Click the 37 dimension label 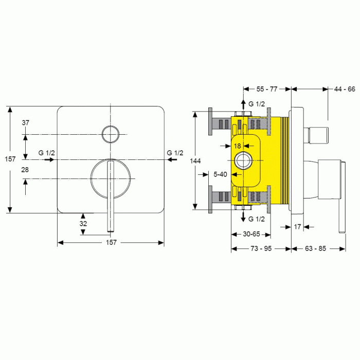[26, 123]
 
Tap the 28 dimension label [25, 170]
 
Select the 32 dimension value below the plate [83, 224]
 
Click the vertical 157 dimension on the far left [10, 159]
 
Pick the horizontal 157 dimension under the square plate [111, 242]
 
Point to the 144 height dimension [195, 161]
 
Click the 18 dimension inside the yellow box [238, 146]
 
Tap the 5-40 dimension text [220, 174]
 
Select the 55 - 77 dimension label [267, 89]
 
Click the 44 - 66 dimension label [345, 89]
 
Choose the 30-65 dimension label [251, 234]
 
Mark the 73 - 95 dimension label [261, 248]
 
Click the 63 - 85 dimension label [315, 248]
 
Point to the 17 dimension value [297, 227]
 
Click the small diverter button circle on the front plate [111, 134]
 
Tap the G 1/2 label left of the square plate [47, 153]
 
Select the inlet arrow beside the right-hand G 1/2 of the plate [172, 159]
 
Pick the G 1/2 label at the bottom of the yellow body [257, 219]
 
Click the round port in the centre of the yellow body [243, 160]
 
